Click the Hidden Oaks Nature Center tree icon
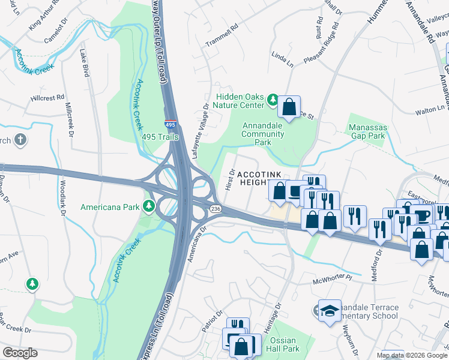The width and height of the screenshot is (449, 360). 273,99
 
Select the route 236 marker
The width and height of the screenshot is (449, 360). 215,208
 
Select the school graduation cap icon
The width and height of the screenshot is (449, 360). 329,310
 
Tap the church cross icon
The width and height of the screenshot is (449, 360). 20,140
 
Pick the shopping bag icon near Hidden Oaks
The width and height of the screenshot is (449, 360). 289,107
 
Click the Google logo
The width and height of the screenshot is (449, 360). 20,353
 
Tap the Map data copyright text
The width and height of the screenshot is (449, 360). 412,355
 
